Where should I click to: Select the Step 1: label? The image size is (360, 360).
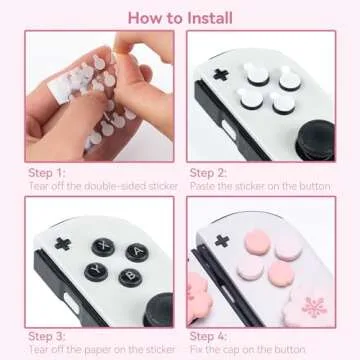[47, 173]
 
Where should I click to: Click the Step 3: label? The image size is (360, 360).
[47, 337]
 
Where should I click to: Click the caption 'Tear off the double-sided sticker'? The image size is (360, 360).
[103, 187]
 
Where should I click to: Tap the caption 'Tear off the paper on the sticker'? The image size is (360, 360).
[101, 351]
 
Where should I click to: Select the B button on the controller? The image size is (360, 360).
[126, 280]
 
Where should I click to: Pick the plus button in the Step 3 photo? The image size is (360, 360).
[62, 241]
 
